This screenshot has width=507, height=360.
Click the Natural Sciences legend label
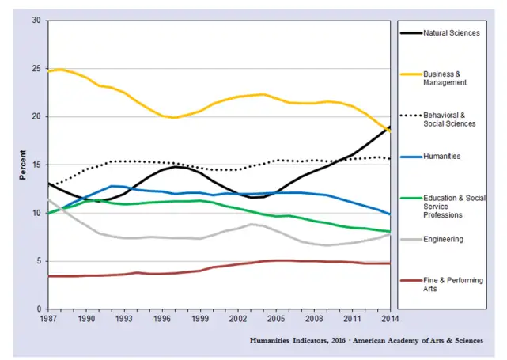pos(452,33)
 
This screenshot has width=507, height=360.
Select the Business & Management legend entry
pos(445,78)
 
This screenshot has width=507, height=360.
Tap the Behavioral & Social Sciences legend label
pos(449,119)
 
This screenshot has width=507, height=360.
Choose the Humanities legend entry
pos(441,157)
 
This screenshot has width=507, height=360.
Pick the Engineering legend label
pos(443,240)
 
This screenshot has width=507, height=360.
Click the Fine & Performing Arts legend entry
pos(453,285)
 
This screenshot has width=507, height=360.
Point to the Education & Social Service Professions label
pos(455,207)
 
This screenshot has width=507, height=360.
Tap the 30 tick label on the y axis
pos(36,21)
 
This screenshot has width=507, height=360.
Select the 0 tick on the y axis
pos(39,309)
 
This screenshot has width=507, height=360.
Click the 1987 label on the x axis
pos(48,319)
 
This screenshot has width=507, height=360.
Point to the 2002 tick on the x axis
pos(238,319)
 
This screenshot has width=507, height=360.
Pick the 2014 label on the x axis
pos(390,319)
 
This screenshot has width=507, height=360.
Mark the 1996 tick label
pos(162,319)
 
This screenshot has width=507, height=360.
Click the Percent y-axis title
pos(22,165)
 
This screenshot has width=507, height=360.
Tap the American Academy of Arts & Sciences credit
pos(418,340)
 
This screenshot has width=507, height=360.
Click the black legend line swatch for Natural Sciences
pos(411,33)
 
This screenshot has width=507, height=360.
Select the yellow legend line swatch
pos(411,74)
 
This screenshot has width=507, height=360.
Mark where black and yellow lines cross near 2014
pos(388,129)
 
